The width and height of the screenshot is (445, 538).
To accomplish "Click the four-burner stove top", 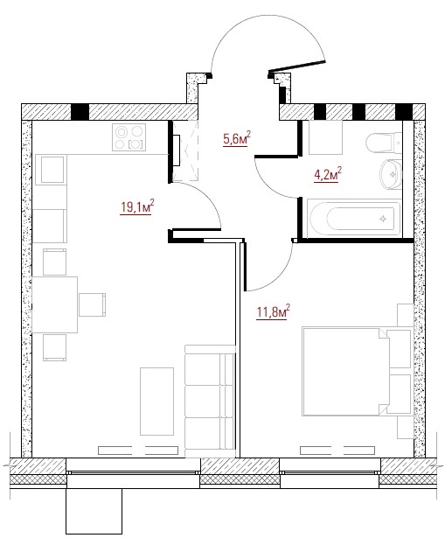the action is coord(129,137).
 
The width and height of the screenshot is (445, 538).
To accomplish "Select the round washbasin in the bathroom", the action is coord(391,174).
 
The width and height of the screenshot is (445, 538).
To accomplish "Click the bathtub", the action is coord(354,220).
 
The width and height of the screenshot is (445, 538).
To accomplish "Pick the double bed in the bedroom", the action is coord(357,372).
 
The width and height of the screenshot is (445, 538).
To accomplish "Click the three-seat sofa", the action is coord(210,401).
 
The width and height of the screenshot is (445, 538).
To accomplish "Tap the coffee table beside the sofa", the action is coord(156,402).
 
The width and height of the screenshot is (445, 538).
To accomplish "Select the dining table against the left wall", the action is coord(54,304).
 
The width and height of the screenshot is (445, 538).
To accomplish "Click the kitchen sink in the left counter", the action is coord(52,170).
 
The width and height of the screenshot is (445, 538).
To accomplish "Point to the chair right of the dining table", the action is coord(92,304).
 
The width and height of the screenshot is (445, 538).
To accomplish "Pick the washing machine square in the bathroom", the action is coord(326,137).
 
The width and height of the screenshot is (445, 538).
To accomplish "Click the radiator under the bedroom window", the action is coord(337,451).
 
